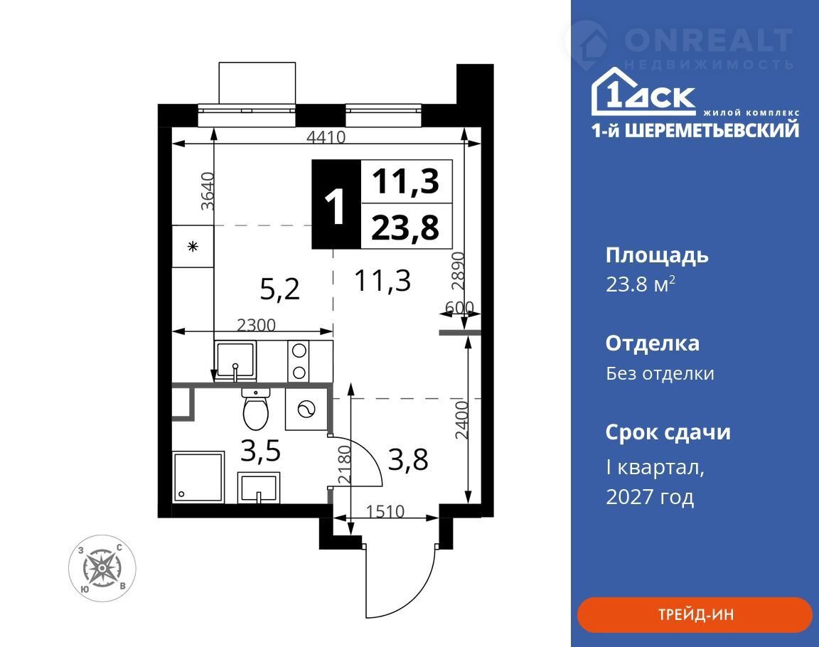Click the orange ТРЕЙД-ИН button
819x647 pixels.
pos(695,614)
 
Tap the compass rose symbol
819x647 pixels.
pos(102,568)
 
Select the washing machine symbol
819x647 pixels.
pos(306,409)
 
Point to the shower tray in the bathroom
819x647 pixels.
pos(198,478)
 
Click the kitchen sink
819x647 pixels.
pos(235,361)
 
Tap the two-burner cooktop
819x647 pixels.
pos(299,361)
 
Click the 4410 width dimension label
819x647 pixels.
pos(326,137)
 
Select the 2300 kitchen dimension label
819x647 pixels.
pos(256,325)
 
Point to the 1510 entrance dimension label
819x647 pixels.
pos(385,510)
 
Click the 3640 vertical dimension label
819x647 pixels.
pos(208,191)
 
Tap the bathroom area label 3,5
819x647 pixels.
pos(261,451)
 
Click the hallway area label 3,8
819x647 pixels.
pos(409,459)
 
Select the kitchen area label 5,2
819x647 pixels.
pos(280,289)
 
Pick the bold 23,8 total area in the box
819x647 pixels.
pos(405,228)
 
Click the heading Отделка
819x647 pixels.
pos(653,343)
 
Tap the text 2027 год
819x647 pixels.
pos(650,496)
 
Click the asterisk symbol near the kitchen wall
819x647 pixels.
pos(193,247)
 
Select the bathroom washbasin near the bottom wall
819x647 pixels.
pos(259,488)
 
